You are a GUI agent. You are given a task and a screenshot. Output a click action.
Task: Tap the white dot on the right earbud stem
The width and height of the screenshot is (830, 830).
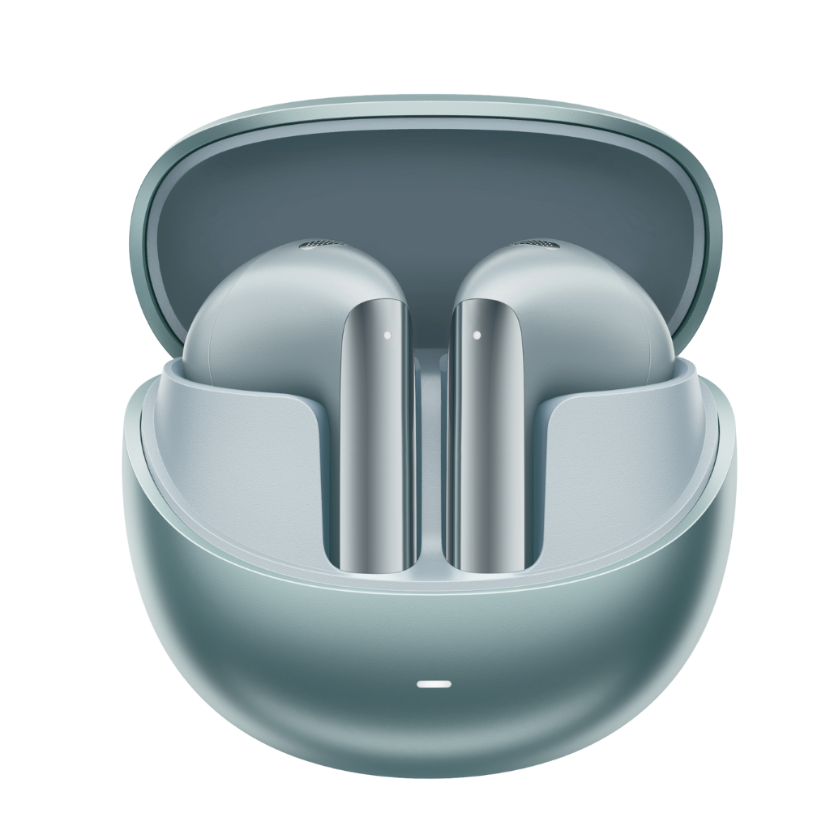click(477, 334)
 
